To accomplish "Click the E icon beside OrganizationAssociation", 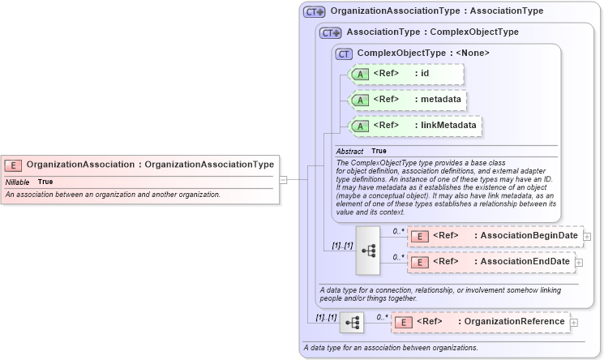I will (13, 165).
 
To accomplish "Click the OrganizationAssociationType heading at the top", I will (436, 11).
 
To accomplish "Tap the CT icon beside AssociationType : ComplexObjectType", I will (331, 32).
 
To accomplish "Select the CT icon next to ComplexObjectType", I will (344, 54).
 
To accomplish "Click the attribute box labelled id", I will (405, 75).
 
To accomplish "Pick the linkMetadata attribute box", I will (414, 126).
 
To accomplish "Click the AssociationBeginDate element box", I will (495, 236).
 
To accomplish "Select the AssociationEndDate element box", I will (490, 262).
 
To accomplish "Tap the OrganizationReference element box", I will (481, 322).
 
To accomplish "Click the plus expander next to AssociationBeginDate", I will (587, 237).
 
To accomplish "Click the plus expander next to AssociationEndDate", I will (579, 263).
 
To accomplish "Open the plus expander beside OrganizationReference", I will (574, 323).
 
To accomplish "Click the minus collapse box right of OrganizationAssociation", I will (283, 179).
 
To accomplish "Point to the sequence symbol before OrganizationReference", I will (352, 323).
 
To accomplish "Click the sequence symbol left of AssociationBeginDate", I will (368, 250).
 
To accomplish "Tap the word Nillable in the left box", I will (17, 182).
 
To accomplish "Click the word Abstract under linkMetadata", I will (349, 151).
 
